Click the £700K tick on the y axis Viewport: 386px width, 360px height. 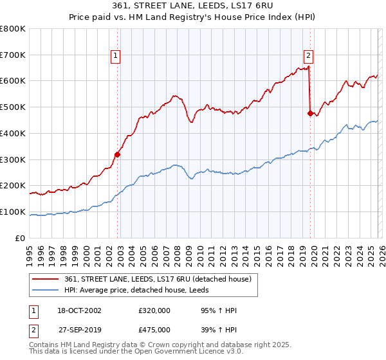coord(13,55)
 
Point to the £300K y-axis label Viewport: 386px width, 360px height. coord(13,159)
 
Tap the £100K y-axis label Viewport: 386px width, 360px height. coord(13,212)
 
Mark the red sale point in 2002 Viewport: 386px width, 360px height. coord(118,154)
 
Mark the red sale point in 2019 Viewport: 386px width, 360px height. coord(310,114)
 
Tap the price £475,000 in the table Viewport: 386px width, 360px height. coord(154,330)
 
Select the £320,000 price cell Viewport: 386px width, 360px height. coord(154,311)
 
